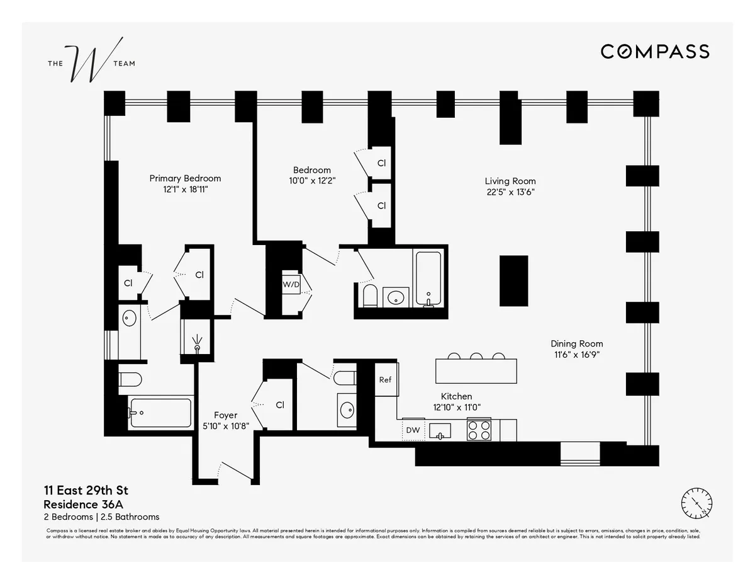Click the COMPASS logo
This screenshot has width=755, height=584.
coord(655,52)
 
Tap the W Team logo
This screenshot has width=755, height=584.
coord(91,63)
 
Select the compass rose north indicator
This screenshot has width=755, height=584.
coord(697,503)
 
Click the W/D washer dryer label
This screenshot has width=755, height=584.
coord(291,284)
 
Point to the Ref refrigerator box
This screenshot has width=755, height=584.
coord(385,380)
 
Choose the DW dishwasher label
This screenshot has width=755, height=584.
coord(413,430)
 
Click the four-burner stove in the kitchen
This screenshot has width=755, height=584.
coord(479,430)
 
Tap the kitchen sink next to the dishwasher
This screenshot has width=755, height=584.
coord(440,431)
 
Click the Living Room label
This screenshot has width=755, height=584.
coord(510,181)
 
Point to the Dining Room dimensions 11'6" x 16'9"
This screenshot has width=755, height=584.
coord(576,355)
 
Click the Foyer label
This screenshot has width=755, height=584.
coord(225,415)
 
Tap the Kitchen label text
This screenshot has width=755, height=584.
coord(456,396)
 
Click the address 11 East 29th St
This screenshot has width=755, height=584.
coord(86,491)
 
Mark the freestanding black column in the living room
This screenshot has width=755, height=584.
coord(513,281)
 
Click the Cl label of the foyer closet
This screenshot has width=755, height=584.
coord(280,405)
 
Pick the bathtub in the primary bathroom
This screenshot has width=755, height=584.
coord(160,413)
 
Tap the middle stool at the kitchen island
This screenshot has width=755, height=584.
coord(476,357)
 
